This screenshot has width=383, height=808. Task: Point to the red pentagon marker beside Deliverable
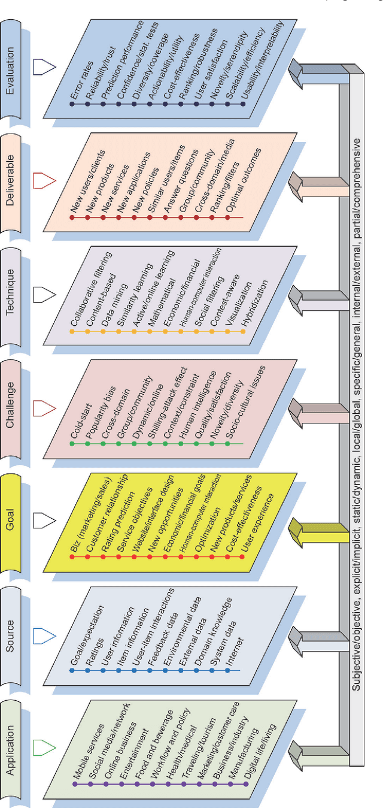tap(42, 179)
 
